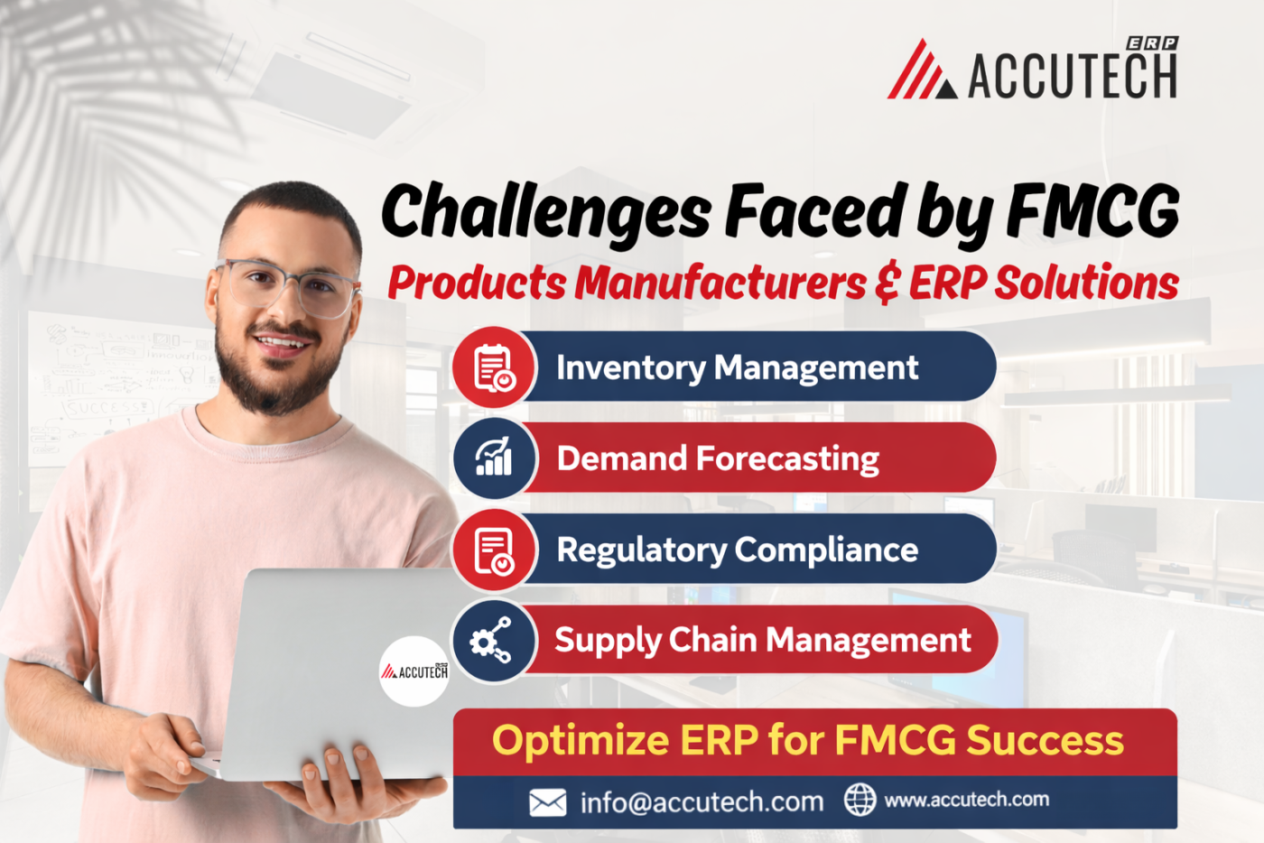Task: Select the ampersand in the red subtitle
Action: (888, 284)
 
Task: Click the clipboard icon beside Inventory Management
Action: (494, 367)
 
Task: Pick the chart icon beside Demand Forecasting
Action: (494, 458)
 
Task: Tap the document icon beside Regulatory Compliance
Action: (494, 550)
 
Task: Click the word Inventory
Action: (630, 368)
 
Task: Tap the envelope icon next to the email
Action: (547, 801)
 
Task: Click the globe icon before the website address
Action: (860, 800)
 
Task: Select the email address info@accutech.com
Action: (702, 801)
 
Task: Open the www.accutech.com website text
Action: (966, 800)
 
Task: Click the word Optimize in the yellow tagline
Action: (581, 741)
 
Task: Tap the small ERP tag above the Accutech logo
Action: (1152, 43)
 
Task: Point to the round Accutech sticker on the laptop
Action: (414, 671)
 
